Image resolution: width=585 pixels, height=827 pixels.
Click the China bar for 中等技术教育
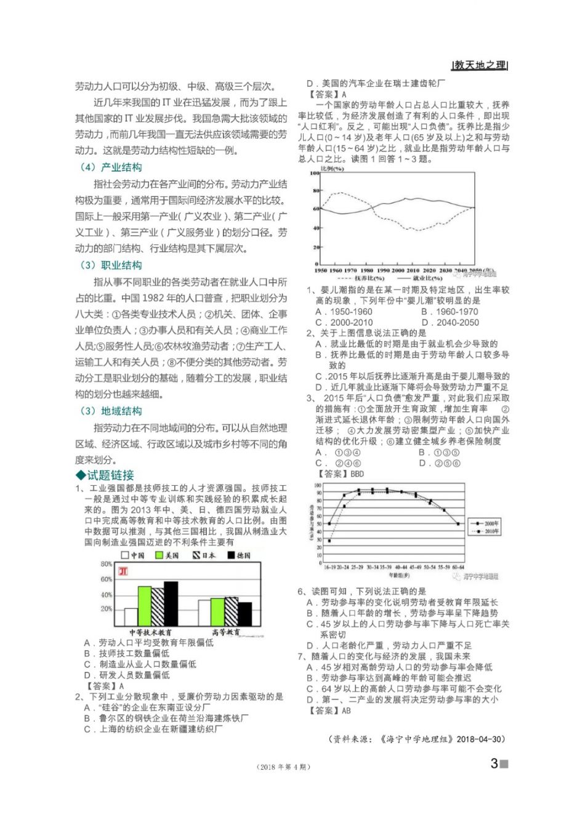(131, 617)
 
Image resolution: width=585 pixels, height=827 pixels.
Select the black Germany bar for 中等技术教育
(171, 603)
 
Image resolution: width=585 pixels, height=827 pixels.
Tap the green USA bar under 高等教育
(217, 611)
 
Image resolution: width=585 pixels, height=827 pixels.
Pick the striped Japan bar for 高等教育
(232, 611)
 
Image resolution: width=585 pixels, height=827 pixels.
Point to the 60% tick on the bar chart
(106, 579)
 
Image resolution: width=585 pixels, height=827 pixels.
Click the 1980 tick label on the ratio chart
(366, 270)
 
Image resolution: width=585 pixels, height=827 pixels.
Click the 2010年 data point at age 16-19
(329, 541)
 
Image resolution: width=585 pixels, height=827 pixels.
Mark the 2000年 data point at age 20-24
(344, 495)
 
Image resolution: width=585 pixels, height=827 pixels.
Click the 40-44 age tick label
(401, 567)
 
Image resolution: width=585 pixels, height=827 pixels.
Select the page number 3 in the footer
(494, 764)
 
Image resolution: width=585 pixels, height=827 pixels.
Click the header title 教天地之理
(480, 65)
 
